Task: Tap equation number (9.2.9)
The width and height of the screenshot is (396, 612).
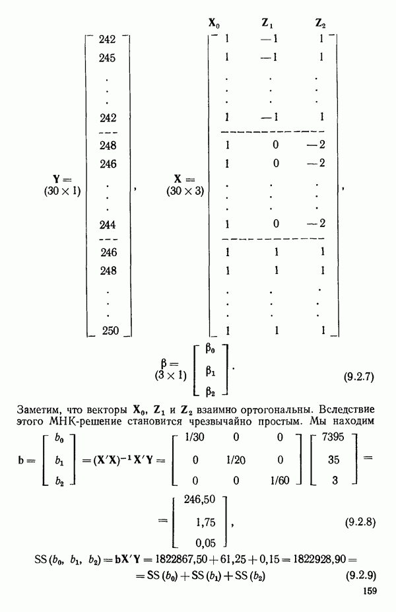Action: (360, 578)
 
